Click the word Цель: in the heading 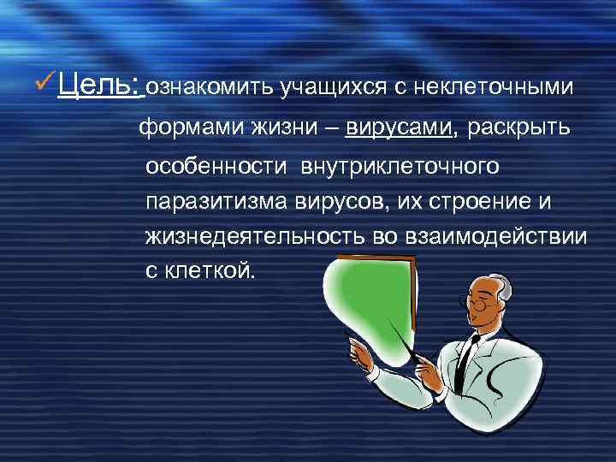coord(101,86)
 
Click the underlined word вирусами coord(399,127)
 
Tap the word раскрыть coord(513,127)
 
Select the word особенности coord(216,167)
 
